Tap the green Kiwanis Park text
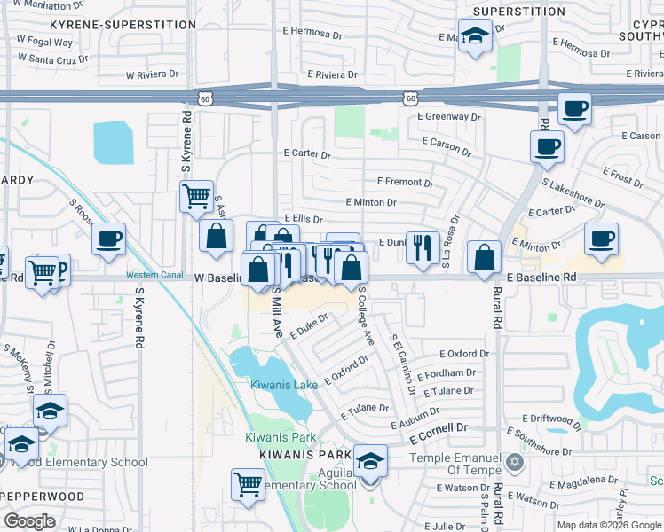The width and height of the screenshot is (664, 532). point(281,438)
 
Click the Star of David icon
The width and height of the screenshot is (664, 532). point(514,462)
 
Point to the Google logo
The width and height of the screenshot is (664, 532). point(29,521)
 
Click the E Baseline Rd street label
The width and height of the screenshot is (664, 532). point(542,278)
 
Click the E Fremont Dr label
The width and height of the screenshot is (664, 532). point(405,182)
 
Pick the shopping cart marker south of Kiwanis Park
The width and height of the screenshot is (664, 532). point(248,484)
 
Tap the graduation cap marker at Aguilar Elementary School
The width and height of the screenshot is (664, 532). point(370,463)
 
